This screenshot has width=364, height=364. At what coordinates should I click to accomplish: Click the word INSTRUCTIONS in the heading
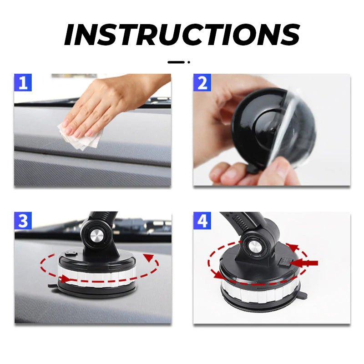(x=182, y=34)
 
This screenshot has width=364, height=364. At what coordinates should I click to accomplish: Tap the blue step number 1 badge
(x=23, y=83)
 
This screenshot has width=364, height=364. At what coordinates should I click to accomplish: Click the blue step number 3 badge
(x=23, y=221)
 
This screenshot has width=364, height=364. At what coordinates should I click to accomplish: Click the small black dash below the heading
(x=175, y=62)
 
